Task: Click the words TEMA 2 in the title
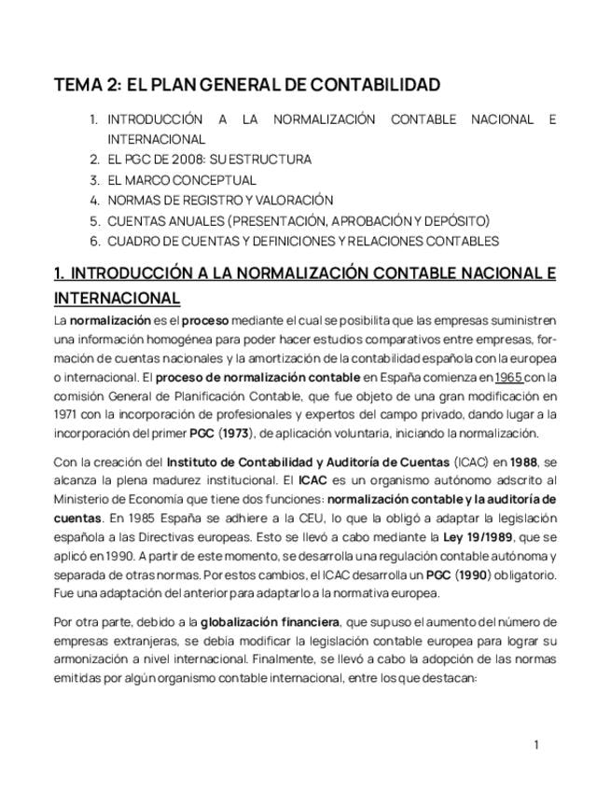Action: coord(87,85)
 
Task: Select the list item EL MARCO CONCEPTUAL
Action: coord(181,180)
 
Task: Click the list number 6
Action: coord(94,242)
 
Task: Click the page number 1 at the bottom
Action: coord(536,744)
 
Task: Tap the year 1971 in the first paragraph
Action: coord(66,415)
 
